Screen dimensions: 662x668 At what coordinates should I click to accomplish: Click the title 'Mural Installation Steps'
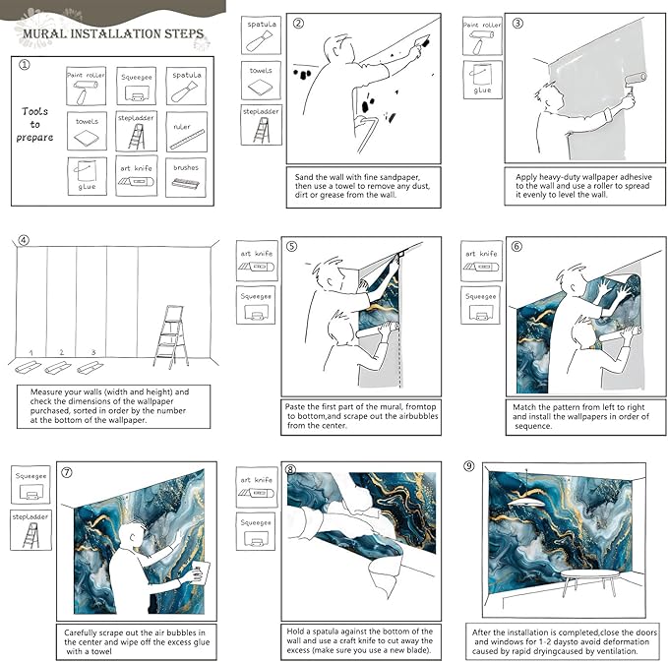point(113,35)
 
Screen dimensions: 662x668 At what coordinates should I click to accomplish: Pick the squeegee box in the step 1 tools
point(137,88)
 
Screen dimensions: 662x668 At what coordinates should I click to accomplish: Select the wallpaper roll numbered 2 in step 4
point(61,368)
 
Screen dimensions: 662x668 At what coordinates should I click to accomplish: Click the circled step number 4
point(24,239)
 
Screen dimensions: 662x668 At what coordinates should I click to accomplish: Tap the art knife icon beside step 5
point(258,262)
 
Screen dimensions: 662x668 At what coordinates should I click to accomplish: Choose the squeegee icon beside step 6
point(482,304)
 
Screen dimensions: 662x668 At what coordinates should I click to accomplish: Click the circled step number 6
point(516,247)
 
